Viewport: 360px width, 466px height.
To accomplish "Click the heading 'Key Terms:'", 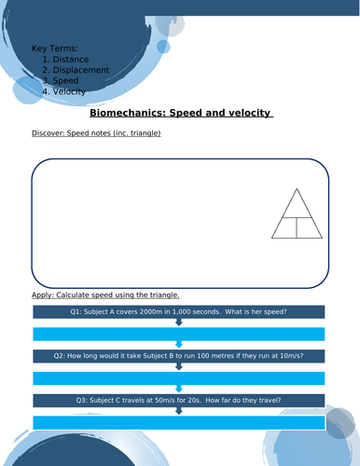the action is (55, 48).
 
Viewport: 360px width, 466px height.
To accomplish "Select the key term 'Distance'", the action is (71, 59).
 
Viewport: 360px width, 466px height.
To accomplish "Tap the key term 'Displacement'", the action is (81, 70).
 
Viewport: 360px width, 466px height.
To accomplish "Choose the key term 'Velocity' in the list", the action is (70, 91).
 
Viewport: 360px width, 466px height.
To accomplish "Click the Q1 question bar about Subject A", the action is (179, 311).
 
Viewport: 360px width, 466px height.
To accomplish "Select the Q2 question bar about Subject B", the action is (179, 355).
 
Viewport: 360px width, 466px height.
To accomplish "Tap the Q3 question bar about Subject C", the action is (179, 400).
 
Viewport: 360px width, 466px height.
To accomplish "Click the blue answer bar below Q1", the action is (179, 334).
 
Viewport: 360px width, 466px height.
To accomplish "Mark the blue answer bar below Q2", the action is (179, 377).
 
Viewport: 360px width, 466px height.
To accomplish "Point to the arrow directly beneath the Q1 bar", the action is (179, 322).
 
